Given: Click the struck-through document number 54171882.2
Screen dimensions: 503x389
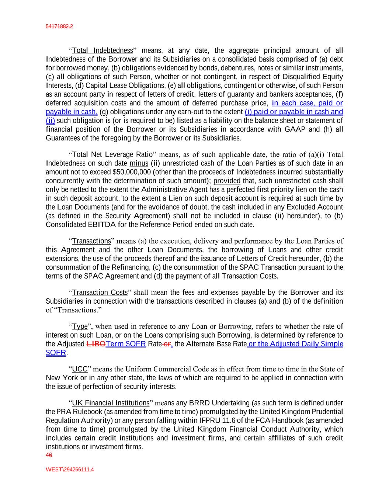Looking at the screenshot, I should click(x=59, y=27).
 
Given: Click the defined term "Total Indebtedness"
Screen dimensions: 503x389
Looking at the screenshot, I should click(x=102, y=50).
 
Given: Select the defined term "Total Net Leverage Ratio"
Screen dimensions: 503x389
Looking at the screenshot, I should click(x=112, y=154).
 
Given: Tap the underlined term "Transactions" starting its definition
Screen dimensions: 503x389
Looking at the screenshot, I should click(x=91, y=241).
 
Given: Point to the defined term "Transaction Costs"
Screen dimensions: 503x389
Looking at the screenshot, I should click(x=100, y=293).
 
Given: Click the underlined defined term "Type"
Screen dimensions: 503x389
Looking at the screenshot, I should click(x=80, y=326).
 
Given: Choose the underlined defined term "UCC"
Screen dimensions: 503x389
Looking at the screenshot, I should click(x=80, y=369).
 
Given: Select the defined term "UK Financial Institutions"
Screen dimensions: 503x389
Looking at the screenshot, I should click(x=110, y=403).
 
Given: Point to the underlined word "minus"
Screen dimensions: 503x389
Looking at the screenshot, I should click(x=139, y=163).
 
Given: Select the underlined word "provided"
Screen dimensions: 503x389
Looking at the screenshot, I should click(x=227, y=181).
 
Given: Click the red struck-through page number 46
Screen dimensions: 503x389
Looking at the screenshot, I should click(x=49, y=455).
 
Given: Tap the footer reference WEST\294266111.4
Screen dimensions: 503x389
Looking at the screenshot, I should click(x=70, y=470).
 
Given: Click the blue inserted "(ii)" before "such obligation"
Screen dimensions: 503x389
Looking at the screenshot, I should click(x=50, y=120).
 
